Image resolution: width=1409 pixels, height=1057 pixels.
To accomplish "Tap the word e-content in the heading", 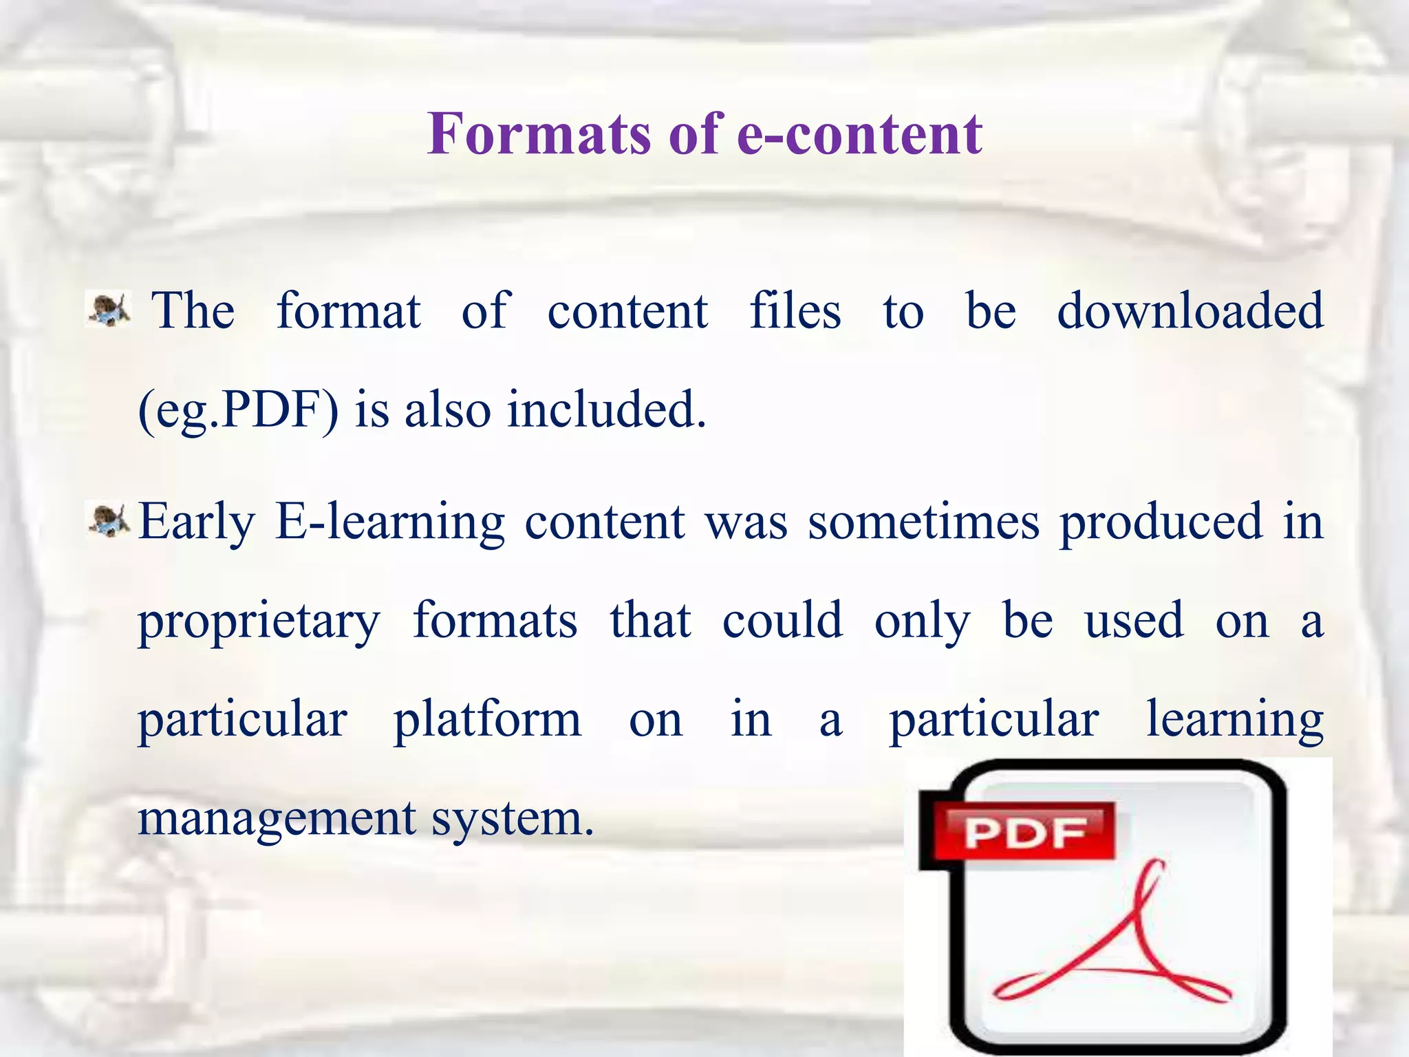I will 859,134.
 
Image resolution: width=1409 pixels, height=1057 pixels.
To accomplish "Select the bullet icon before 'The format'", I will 108,309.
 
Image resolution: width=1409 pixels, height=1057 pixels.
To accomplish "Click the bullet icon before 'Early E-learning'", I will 108,520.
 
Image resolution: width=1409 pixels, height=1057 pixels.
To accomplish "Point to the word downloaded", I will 1190,311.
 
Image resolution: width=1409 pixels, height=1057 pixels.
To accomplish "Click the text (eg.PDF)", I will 238,410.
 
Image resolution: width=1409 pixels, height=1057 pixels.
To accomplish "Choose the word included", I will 606,410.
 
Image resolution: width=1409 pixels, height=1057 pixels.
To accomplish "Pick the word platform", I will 487,720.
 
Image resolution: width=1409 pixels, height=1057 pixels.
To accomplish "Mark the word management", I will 277,819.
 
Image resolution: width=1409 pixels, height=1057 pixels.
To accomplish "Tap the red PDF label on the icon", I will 1024,833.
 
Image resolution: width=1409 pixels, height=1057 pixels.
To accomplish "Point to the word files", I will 795,311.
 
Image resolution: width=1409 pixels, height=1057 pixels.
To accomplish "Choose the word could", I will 782,621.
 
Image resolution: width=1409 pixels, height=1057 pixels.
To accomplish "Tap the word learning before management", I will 1234,722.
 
